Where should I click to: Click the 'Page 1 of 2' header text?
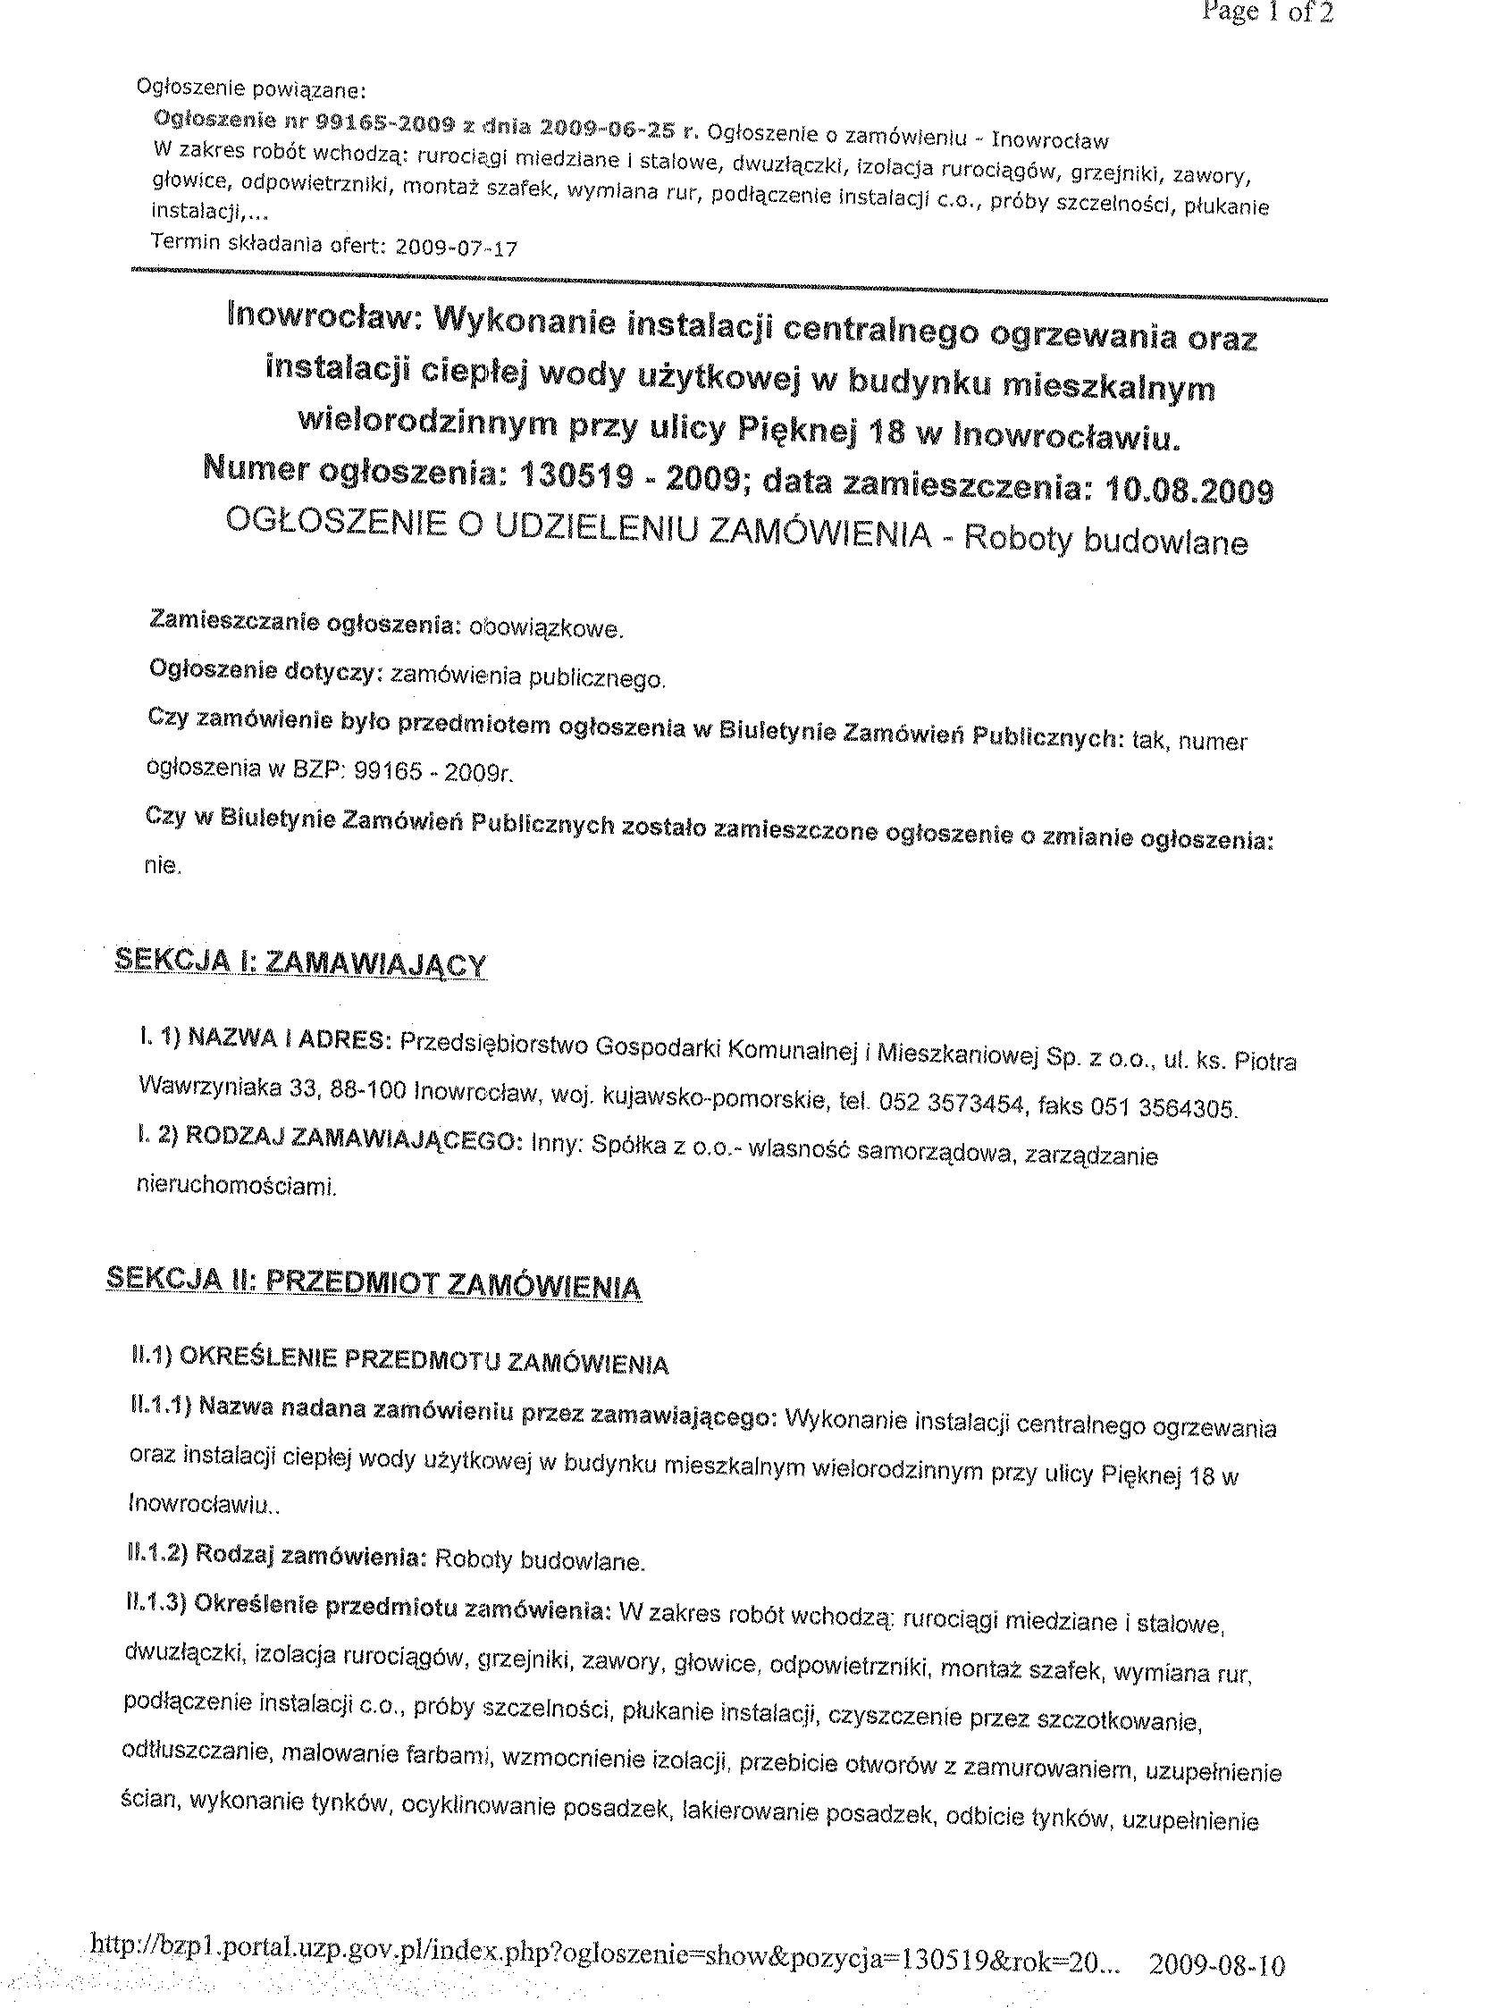pos(1268,13)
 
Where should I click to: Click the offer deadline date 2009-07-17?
pos(457,248)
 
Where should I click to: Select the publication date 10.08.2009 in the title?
pos(1189,491)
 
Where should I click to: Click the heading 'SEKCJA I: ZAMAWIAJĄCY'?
pos(301,964)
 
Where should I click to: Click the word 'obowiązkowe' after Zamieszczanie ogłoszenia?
pos(545,628)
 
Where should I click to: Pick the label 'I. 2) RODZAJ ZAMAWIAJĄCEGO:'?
pos(330,1138)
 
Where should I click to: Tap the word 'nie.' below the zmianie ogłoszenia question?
pos(163,866)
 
